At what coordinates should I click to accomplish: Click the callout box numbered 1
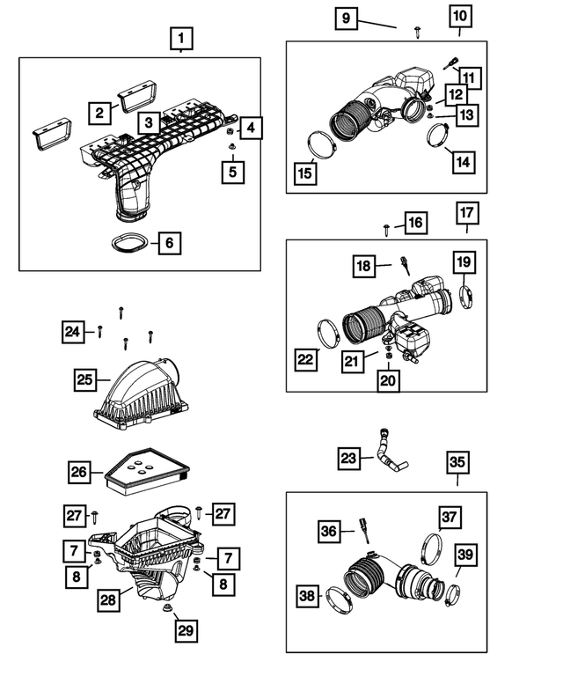180,39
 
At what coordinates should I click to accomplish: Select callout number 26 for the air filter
80,473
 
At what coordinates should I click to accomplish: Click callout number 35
457,462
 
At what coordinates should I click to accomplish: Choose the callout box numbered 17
466,213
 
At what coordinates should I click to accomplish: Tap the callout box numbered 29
186,630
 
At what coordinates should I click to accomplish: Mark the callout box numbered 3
150,121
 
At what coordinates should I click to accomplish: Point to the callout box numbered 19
465,261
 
